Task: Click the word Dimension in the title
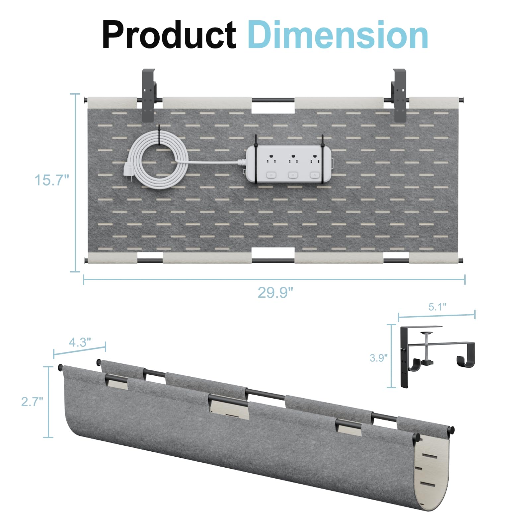tap(338, 35)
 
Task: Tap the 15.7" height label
tap(52, 180)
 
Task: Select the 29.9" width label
tap(275, 292)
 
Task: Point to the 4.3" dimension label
tap(80, 342)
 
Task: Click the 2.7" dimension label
tap(32, 402)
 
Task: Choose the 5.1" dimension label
tap(437, 307)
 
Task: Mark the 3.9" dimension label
tap(379, 358)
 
